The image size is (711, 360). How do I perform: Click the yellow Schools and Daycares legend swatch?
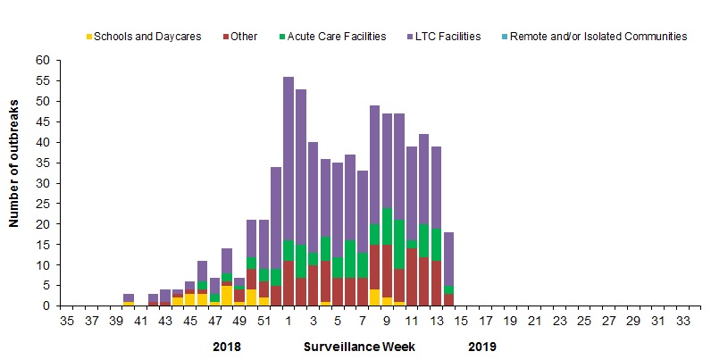(89, 37)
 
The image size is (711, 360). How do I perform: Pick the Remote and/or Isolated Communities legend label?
(605, 37)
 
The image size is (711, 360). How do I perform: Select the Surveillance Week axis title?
(353, 345)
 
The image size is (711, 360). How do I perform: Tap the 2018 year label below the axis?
(228, 345)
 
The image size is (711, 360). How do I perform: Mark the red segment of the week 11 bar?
(412, 278)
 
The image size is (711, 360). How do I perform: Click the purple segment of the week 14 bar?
(449, 259)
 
